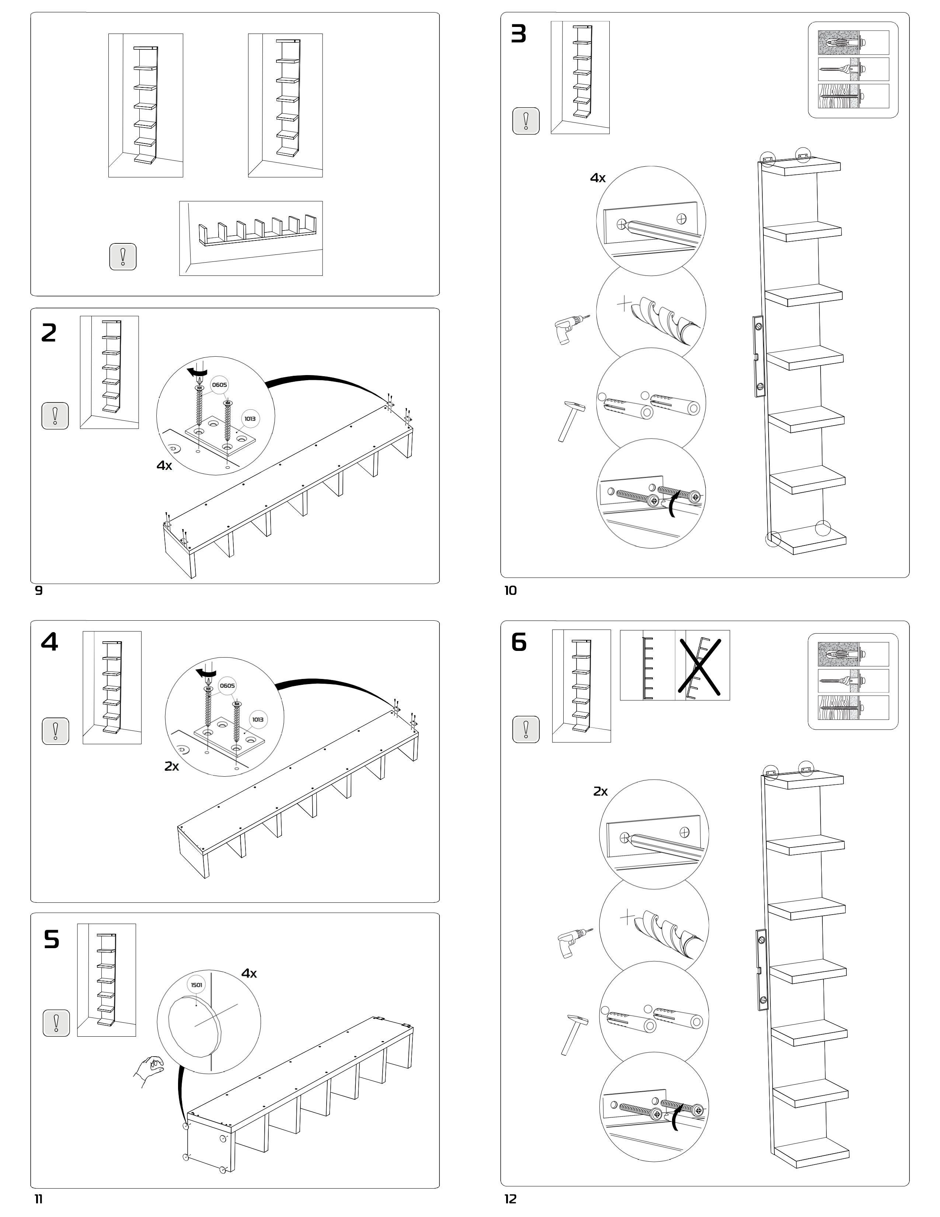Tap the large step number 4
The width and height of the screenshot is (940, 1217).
click(49, 642)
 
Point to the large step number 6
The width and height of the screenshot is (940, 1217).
click(519, 642)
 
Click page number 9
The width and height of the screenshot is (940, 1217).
click(38, 591)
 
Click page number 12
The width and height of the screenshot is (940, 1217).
click(511, 1199)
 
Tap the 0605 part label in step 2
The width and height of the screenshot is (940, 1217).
click(219, 385)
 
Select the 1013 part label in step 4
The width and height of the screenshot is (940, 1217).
click(257, 720)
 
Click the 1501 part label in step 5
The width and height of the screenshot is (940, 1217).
click(196, 985)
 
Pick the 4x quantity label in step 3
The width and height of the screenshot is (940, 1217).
click(598, 178)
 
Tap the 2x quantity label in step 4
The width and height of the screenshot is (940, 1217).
click(171, 766)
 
